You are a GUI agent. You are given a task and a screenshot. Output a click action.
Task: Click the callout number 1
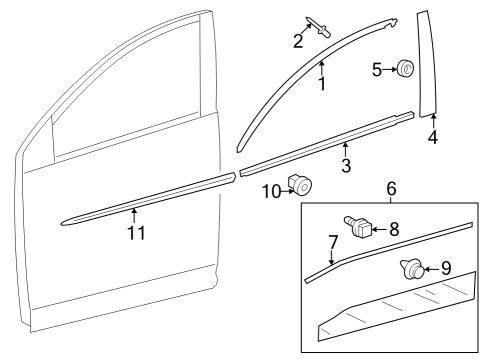click(x=322, y=83)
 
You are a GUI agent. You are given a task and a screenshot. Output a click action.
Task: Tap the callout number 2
click(x=298, y=41)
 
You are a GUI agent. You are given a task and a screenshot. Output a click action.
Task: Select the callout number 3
click(x=346, y=166)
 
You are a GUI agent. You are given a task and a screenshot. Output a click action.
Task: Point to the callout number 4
click(x=433, y=137)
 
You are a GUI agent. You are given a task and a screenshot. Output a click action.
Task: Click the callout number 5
click(x=377, y=70)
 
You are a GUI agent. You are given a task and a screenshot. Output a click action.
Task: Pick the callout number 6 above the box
click(x=391, y=189)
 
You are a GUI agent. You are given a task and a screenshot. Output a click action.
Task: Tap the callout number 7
click(x=333, y=242)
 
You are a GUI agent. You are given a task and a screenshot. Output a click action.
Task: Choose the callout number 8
click(x=394, y=229)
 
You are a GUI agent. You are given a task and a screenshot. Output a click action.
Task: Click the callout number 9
click(x=446, y=268)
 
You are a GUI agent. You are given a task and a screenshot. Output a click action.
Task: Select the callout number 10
click(x=272, y=192)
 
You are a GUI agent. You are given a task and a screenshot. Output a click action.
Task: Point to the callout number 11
click(x=137, y=233)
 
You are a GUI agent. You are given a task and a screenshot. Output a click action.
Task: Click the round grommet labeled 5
click(x=405, y=68)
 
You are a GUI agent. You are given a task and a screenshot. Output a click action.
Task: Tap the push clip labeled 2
click(x=318, y=27)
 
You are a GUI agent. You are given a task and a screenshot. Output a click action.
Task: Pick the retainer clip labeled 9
click(x=412, y=269)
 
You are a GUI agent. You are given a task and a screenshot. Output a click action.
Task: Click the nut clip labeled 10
click(x=300, y=185)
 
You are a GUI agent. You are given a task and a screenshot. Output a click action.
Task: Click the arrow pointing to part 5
click(x=389, y=70)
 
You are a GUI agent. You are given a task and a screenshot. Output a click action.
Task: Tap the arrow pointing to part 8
click(x=379, y=229)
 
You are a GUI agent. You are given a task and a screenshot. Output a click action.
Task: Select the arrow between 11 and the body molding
click(x=134, y=215)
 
